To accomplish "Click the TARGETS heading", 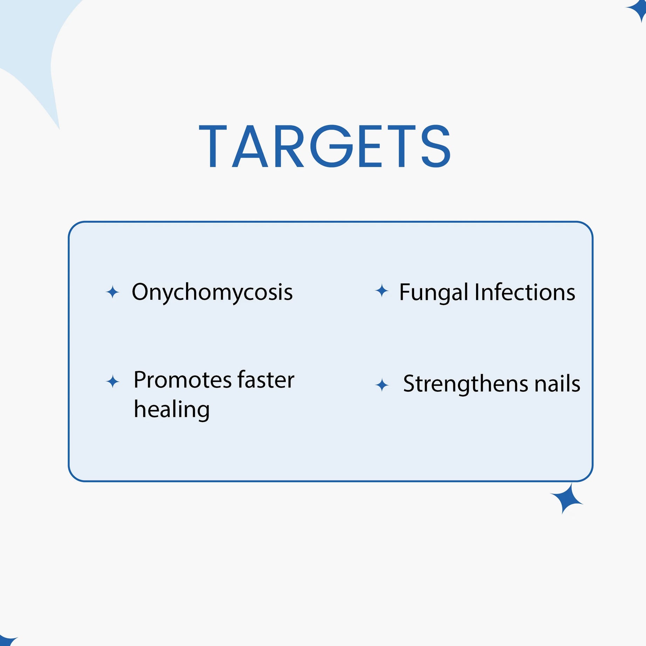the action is pos(325,146).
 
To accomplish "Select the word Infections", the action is pos(525,292).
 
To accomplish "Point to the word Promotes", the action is pos(183,380).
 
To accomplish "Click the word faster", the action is pos(266,379).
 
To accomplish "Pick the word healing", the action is pos(172,410).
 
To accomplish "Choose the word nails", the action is pos(557,383).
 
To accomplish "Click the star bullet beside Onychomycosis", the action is pos(112,292).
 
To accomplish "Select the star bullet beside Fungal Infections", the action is pos(382,291).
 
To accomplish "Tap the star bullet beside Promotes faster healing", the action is pos(112,382).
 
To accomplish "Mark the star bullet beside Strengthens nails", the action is pos(382,385).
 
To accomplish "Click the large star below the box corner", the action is pos(566,499).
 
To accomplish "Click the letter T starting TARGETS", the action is pos(213,146).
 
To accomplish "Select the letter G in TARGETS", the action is pos(331,146).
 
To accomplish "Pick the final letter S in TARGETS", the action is pos(436,146).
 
